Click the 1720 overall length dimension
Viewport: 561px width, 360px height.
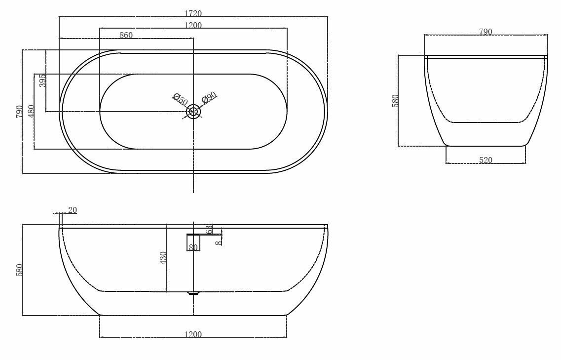193,13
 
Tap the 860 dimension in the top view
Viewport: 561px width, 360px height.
126,35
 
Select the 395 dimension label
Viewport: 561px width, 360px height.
43,80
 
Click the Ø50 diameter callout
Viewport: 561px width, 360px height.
180,99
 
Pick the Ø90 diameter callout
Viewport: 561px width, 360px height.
209,97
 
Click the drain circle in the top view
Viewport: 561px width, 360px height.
193,112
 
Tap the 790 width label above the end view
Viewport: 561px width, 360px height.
486,32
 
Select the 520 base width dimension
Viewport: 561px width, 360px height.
486,160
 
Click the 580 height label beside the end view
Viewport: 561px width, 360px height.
395,101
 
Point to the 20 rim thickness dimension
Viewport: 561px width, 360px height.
73,210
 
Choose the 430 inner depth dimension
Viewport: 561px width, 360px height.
163,258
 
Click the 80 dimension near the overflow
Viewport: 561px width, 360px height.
193,247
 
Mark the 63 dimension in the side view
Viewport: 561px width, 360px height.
209,230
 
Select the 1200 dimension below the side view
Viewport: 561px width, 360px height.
193,334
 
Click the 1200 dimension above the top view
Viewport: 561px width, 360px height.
193,25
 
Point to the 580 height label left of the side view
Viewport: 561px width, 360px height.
20,270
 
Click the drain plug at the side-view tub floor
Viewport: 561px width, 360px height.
193,293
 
